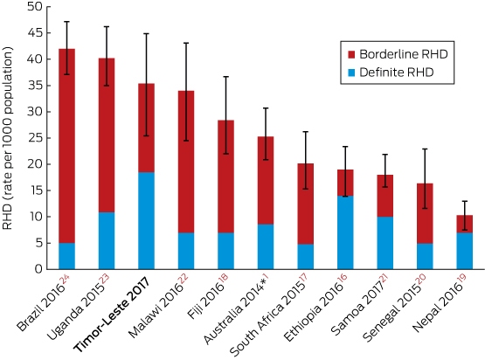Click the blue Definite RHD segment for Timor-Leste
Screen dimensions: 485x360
coord(146,220)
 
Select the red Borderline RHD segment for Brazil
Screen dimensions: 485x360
coord(66,146)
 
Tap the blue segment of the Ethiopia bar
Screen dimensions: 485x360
coord(345,232)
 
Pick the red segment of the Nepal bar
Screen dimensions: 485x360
coord(465,224)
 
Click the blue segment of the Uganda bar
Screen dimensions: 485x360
coord(107,240)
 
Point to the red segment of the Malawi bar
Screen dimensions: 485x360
coord(186,162)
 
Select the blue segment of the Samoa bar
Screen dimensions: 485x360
coord(385,243)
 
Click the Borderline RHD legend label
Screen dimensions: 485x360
coord(404,54)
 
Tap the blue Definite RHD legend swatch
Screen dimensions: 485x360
coord(351,73)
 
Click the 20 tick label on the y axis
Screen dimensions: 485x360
coord(35,164)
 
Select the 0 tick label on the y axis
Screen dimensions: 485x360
coord(38,269)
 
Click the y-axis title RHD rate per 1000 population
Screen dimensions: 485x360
coord(7,138)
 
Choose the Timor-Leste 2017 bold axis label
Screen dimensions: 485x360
coord(112,315)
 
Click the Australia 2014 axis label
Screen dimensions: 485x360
coord(236,310)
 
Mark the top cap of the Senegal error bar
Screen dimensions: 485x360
coord(425,149)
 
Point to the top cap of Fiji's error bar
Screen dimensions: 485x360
coord(226,76)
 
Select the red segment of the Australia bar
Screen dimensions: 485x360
coord(266,181)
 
